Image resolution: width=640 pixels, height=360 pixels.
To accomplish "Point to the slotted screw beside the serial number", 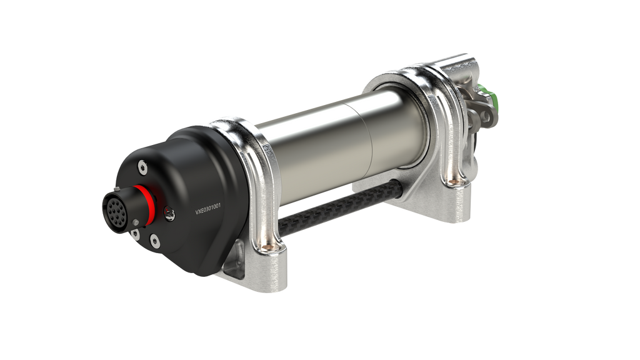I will point(169,214).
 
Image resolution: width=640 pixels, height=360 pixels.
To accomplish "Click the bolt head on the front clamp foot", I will point(269,248).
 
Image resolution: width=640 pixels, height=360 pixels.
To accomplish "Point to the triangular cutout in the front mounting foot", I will point(236,266).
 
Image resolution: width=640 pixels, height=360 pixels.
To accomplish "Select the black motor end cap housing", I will point(187,187).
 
